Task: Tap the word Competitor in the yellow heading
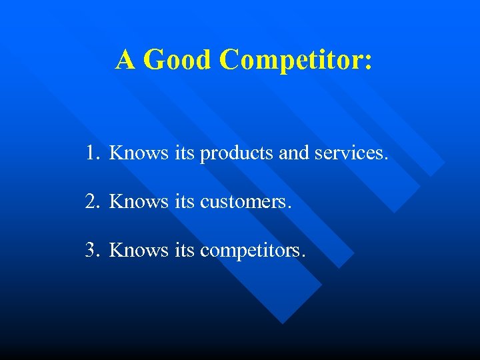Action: pos(291,60)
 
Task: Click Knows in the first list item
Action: pos(139,153)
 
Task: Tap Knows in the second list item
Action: pos(139,201)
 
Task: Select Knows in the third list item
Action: pos(139,250)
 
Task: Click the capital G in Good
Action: pos(154,59)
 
